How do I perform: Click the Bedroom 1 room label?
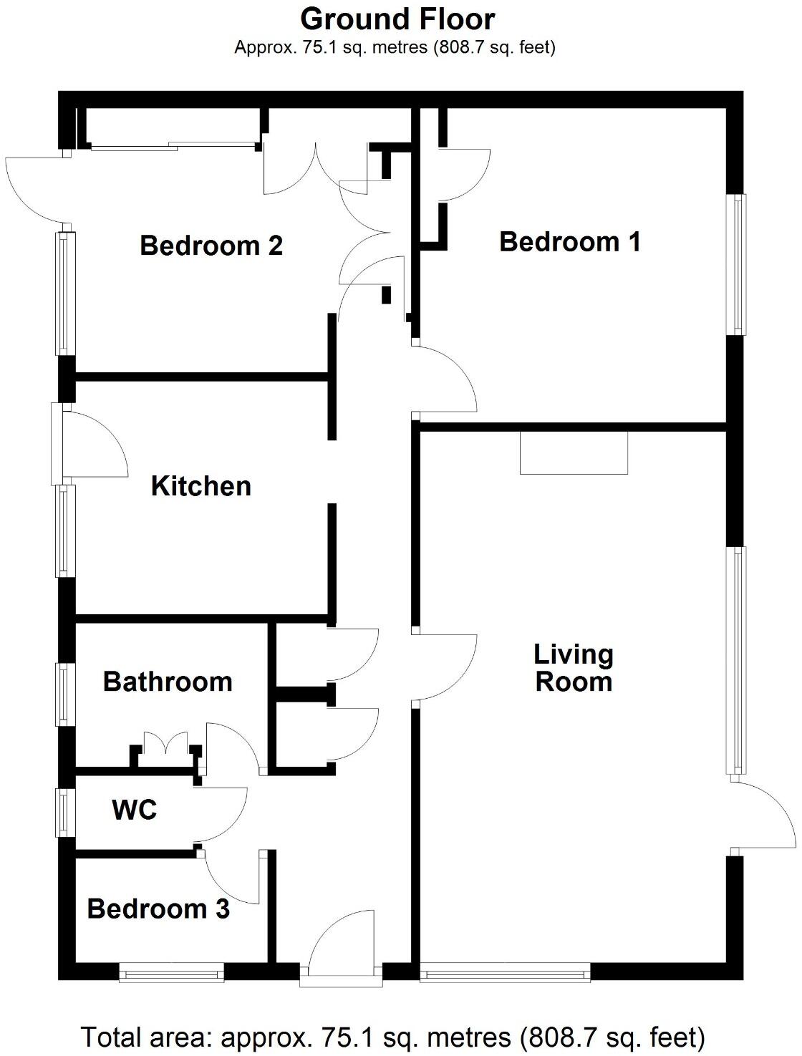coord(569,242)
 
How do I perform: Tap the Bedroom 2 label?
coord(211,246)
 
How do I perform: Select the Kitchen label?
coord(201,486)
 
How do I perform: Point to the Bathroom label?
coord(168,682)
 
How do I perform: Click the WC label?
coord(135,810)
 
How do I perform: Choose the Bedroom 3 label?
coord(158,909)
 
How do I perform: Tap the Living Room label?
coord(574,668)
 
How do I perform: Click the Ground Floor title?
coord(397,19)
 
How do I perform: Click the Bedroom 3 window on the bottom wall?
coord(172,972)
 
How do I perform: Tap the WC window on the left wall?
coord(66,812)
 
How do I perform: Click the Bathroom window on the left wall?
coord(66,694)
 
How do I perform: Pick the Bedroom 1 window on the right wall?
coord(737,265)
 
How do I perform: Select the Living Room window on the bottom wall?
coord(505,972)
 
